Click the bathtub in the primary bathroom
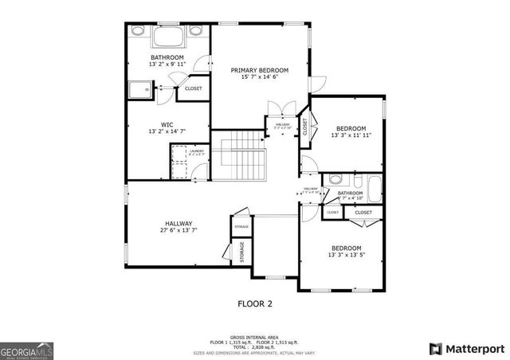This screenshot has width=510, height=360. pos(167,37)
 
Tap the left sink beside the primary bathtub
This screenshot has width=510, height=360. pos(138,32)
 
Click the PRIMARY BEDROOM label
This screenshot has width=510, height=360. pos(260,70)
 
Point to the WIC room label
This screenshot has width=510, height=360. pos(167,124)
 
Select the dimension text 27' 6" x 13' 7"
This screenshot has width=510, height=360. pos(178,231)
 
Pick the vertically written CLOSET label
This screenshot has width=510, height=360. pos(304,127)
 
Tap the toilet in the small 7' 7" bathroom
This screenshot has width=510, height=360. pos(335,179)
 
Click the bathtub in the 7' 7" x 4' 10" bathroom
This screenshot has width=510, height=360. pos(371,190)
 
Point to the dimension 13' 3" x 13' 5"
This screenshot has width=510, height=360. pos(347,256)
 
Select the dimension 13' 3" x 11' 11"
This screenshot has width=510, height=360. pos(351,135)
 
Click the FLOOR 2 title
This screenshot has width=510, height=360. pos(255,303)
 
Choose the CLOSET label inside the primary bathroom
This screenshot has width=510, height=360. pos(194,88)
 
